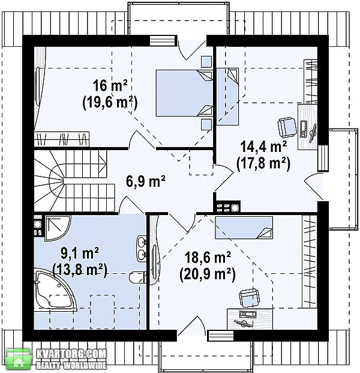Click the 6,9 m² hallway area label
click(145, 181)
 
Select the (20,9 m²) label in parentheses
click(208, 274)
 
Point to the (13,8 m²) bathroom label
click(80, 270)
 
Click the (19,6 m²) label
click(110, 102)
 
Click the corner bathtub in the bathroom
click(53, 289)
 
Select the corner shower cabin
click(57, 228)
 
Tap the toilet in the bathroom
click(138, 277)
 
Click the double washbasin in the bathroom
click(142, 249)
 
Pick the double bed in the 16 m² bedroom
click(184, 93)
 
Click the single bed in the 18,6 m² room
click(244, 228)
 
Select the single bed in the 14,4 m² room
click(227, 96)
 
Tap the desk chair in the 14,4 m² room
click(287, 127)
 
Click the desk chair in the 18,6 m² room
click(249, 299)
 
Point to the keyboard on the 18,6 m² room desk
click(248, 314)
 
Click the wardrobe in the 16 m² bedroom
click(62, 139)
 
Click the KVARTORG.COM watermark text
click(71, 354)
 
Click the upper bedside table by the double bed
click(206, 62)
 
